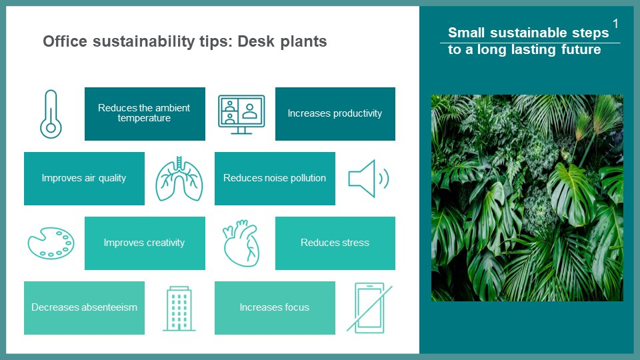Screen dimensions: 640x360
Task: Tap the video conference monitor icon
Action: tap(241, 114)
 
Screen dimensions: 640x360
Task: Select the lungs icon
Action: tap(179, 179)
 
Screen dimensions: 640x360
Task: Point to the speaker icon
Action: tap(368, 179)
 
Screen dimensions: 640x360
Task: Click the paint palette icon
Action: tap(51, 243)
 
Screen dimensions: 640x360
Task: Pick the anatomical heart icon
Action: tap(241, 243)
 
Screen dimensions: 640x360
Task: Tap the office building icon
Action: tap(179, 308)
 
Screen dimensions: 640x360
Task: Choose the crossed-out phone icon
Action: tap(369, 308)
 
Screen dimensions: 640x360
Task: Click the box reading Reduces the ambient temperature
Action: tap(145, 114)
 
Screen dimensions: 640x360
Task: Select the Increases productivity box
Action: tap(335, 114)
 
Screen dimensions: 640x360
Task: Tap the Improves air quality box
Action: tap(84, 179)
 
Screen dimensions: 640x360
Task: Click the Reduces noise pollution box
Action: tap(275, 179)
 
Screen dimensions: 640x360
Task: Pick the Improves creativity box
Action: tap(145, 243)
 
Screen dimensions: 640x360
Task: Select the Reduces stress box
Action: tap(335, 243)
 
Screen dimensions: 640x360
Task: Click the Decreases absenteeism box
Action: tap(84, 308)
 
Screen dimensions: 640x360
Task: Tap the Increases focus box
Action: tap(275, 308)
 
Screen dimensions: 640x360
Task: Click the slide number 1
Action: tap(615, 24)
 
